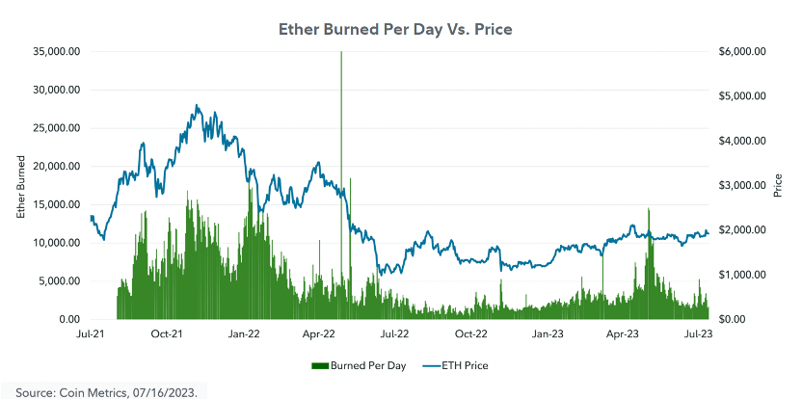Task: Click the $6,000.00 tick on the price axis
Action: coord(743,51)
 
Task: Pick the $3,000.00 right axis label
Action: coord(743,185)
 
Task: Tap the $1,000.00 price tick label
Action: coord(743,275)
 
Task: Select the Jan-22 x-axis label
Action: coord(243,334)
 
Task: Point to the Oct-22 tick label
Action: coord(470,334)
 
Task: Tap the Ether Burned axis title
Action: coord(21,186)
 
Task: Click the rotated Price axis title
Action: coord(778,186)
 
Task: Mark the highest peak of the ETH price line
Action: coord(197,106)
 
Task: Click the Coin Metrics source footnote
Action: coord(106,391)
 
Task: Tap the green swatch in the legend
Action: coord(319,366)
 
